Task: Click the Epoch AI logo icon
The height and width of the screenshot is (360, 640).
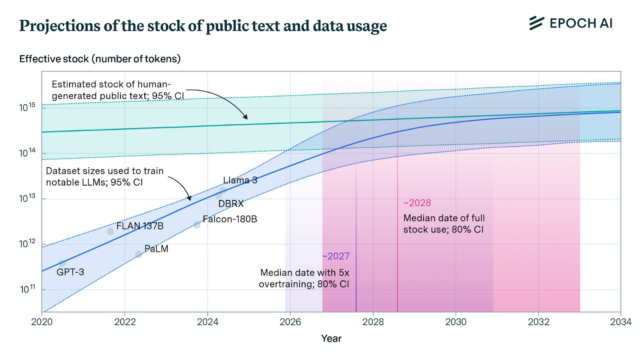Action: (536, 23)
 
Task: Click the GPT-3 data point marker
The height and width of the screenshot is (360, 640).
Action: (62, 263)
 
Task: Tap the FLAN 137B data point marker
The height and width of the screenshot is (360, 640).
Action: (110, 231)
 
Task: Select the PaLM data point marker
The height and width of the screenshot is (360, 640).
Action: (138, 254)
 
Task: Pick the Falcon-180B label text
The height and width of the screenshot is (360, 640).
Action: (230, 219)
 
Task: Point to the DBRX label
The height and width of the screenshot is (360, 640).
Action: (231, 204)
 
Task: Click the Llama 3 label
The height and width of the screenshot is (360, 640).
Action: (240, 180)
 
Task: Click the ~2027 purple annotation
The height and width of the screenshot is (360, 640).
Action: (336, 256)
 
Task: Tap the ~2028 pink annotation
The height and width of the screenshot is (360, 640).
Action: (417, 203)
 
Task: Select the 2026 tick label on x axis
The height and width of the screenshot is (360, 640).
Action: (290, 322)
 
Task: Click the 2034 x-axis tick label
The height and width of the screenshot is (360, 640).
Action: (620, 322)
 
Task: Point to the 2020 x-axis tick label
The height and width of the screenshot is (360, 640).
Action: (42, 322)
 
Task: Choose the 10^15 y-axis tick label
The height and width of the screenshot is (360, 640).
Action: (27, 107)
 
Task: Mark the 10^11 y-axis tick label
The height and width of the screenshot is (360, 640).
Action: (27, 289)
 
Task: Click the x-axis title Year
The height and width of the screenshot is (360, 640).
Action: (331, 338)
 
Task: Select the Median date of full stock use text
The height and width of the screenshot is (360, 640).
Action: (444, 224)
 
